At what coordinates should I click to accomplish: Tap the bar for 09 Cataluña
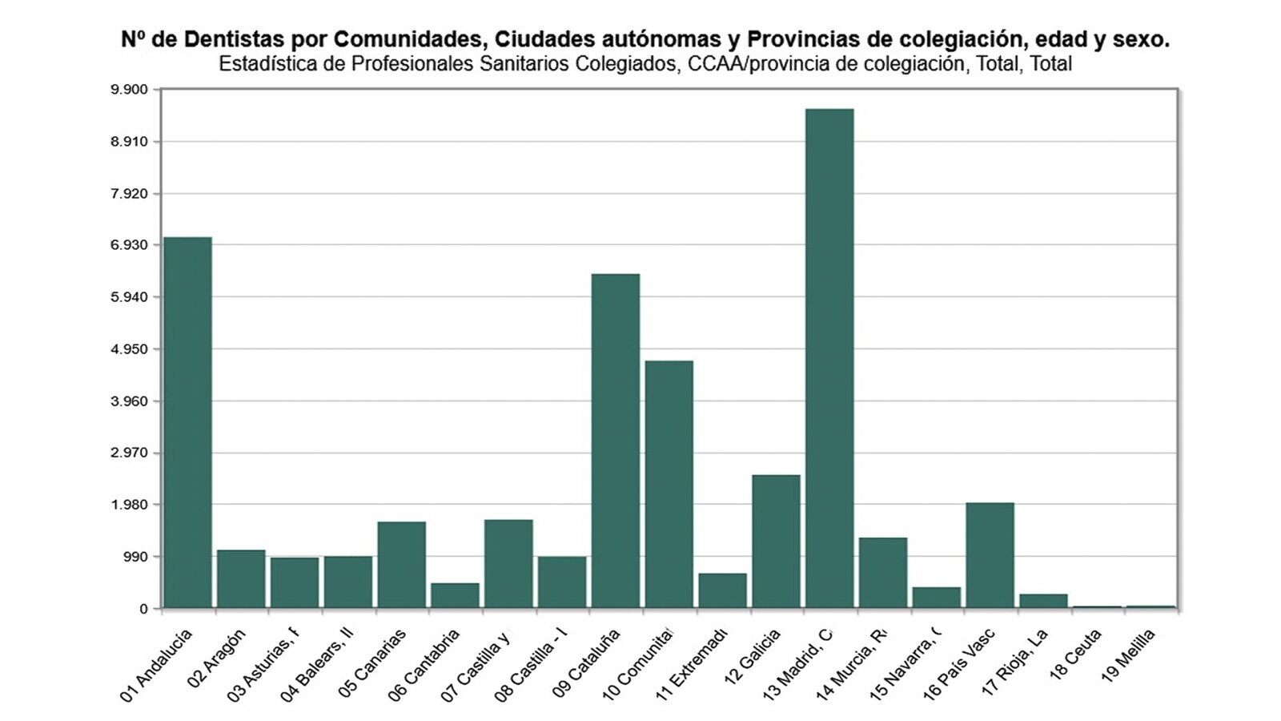pos(615,441)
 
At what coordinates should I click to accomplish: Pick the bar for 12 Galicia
pos(776,542)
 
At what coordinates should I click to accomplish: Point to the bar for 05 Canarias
pos(401,565)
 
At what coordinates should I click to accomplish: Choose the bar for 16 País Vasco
pos(990,555)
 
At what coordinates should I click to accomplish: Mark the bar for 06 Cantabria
pos(455,595)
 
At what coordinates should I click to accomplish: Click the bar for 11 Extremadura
pos(722,590)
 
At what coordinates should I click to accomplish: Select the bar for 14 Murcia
pos(883,573)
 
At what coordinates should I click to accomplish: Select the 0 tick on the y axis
pos(143,609)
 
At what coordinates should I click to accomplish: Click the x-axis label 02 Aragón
pos(216,659)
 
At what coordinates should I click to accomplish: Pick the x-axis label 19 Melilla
pos(1128,655)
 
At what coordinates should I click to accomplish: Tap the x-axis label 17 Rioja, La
pos(1014,663)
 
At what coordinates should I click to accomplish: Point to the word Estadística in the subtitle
pos(267,64)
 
